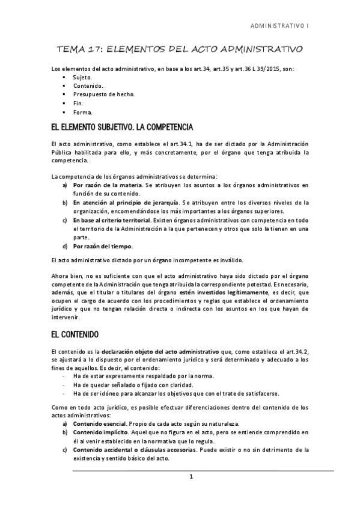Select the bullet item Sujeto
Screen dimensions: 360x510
coord(82,78)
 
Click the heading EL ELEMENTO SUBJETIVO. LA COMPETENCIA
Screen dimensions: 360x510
coord(122,127)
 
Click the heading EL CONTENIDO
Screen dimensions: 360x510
coord(75,333)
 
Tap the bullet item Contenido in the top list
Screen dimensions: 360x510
coord(86,86)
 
